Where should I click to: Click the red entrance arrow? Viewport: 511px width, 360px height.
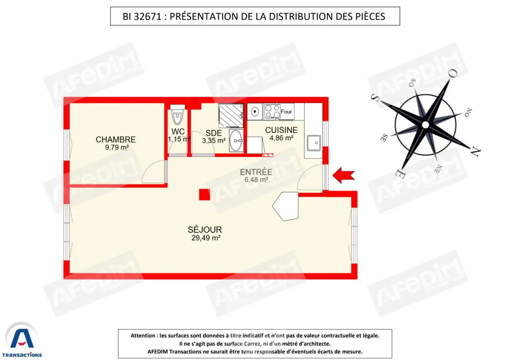pyautogui.click(x=343, y=175)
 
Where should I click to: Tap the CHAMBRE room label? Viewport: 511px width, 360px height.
pyautogui.click(x=116, y=139)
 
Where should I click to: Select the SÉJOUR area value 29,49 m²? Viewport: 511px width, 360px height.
pyautogui.click(x=206, y=238)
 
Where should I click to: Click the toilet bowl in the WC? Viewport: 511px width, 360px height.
pyautogui.click(x=177, y=117)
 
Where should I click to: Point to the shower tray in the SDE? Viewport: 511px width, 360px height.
pyautogui.click(x=231, y=116)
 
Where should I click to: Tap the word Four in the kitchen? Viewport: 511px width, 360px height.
pyautogui.click(x=286, y=112)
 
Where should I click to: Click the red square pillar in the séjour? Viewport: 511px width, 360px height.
pyautogui.click(x=204, y=195)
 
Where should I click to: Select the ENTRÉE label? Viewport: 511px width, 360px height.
pyautogui.click(x=256, y=172)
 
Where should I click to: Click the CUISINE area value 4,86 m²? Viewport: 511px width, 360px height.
pyautogui.click(x=281, y=138)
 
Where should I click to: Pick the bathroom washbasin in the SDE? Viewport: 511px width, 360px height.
pyautogui.click(x=236, y=141)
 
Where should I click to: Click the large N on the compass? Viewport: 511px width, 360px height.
pyautogui.click(x=475, y=152)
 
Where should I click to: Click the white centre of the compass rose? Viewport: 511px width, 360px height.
pyautogui.click(x=425, y=125)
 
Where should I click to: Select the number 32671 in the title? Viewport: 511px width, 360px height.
pyautogui.click(x=147, y=16)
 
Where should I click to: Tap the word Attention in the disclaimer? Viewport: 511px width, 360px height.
pyautogui.click(x=143, y=336)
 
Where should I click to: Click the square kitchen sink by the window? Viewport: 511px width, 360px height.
pyautogui.click(x=314, y=143)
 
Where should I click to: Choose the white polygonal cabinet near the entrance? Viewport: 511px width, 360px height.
pyautogui.click(x=287, y=206)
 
